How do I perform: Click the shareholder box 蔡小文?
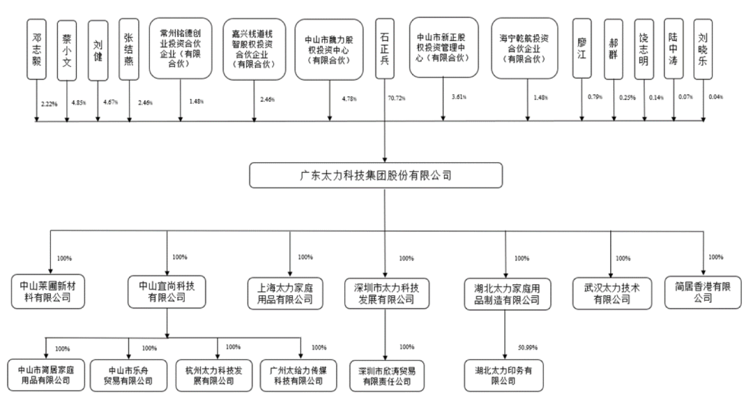[x=67, y=49]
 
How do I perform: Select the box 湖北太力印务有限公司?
[x=503, y=374]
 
